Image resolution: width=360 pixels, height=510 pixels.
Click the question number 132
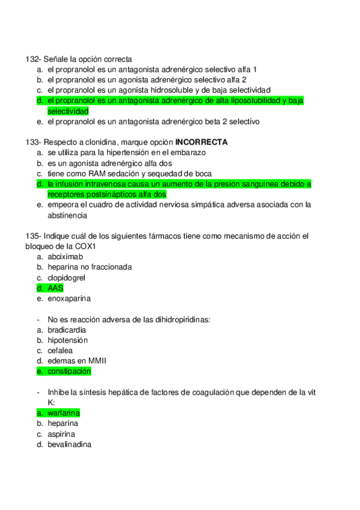tap(32, 59)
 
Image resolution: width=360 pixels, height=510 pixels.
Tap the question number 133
tap(32, 142)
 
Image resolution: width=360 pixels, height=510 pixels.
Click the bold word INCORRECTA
tap(201, 142)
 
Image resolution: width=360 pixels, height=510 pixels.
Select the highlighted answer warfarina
tap(63, 413)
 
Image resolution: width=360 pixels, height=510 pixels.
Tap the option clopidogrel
tap(66, 277)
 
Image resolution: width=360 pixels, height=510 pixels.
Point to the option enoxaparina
tap(67, 298)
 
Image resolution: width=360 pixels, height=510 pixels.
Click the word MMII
tap(96, 360)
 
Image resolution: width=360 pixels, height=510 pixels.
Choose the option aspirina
tap(61, 434)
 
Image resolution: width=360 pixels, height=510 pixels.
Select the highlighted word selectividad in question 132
tap(68, 111)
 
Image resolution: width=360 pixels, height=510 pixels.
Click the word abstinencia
tap(68, 215)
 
